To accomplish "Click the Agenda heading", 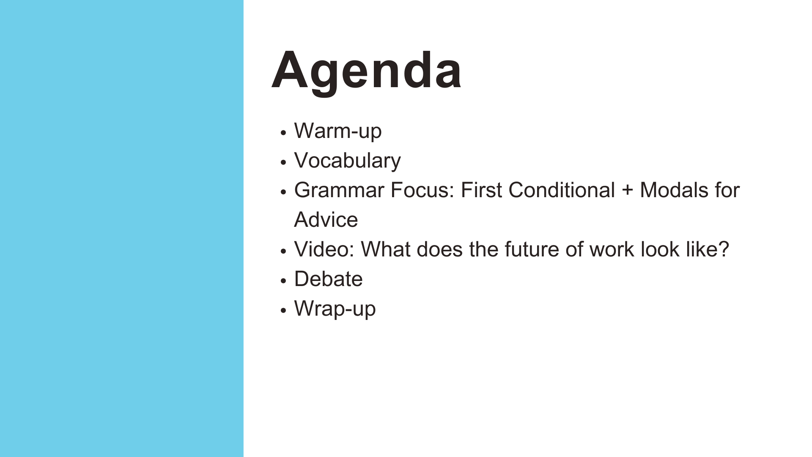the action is pos(366,71).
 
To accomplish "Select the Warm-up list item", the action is pos(338,131).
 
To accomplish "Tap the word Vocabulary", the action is pos(347,161).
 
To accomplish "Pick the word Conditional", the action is pos(562,190).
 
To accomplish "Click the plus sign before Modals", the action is pos(628,191).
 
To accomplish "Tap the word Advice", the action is pos(326,220).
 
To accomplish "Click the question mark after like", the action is pos(724,250).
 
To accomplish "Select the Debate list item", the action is pos(329,279).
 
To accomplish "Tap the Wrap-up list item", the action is pos(335,309).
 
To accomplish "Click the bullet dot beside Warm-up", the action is pos(283,132).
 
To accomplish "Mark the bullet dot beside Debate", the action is pos(283,281).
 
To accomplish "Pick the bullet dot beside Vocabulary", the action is pos(283,162).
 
